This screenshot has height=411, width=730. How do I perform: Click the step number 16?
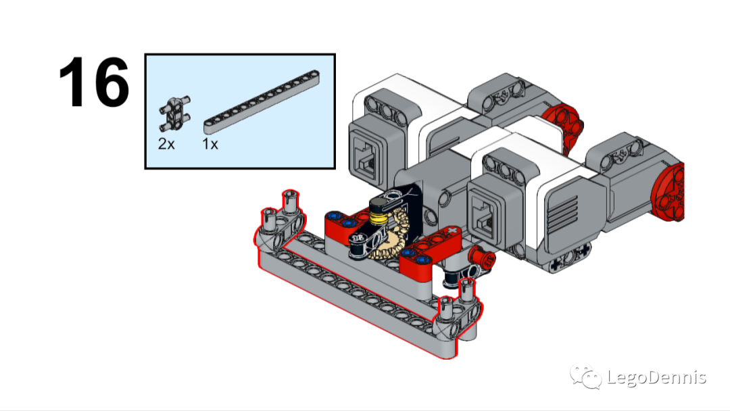(94, 82)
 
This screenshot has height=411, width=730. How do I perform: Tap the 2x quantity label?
(166, 144)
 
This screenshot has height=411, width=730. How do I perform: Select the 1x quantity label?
(210, 144)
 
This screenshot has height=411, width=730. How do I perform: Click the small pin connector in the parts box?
(174, 113)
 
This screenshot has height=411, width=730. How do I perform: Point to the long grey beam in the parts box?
(262, 102)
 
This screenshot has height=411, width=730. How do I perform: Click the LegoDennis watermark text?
(656, 377)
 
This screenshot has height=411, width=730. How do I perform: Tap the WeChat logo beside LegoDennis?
(585, 376)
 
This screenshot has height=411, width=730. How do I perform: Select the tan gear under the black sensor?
(390, 237)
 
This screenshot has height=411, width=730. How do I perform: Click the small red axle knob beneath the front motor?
(482, 258)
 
